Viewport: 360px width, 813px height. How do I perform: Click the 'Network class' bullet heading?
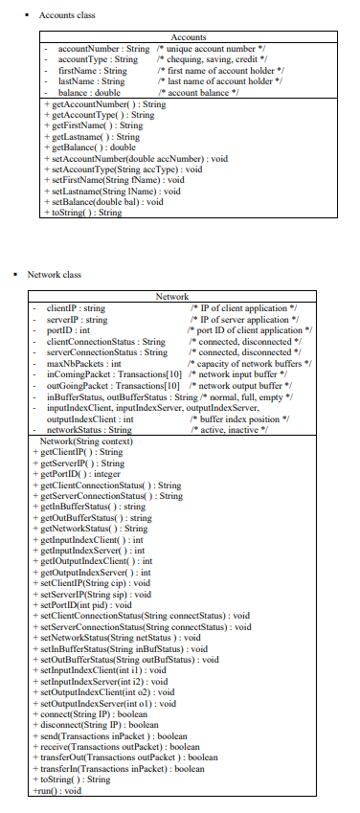60,275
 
